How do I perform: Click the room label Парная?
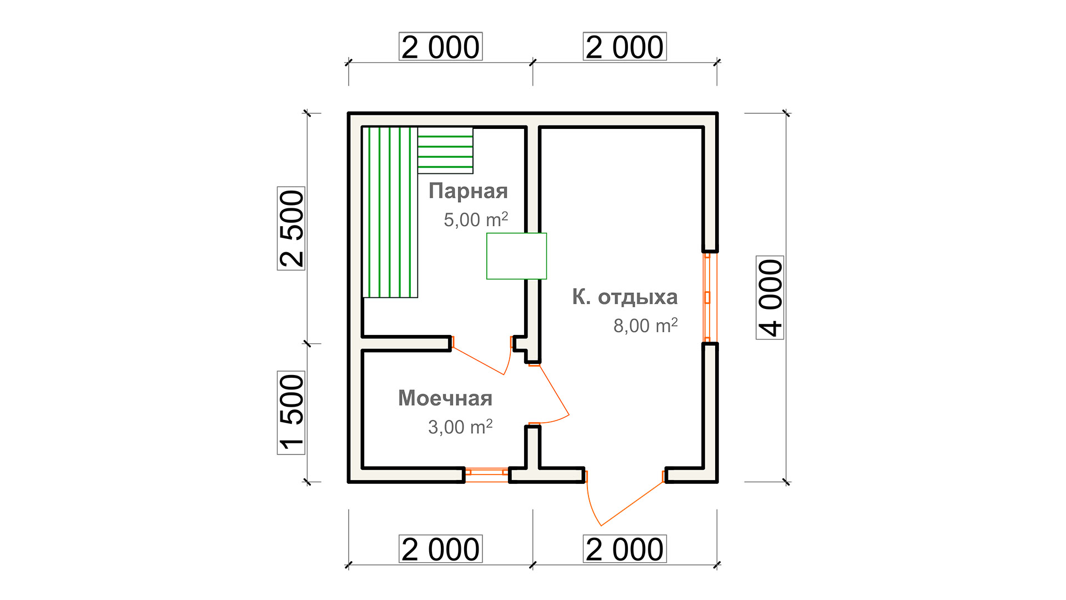point(468,191)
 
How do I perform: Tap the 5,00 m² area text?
point(476,219)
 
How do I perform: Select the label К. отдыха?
point(625,297)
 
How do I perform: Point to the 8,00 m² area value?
point(645,325)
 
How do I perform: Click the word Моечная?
point(445,398)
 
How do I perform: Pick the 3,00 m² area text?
point(460,427)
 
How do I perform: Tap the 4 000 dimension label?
point(770,298)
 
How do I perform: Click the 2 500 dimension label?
point(291,228)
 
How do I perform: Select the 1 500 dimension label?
point(291,413)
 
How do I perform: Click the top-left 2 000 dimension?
point(440,47)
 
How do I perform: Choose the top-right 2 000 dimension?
point(625,47)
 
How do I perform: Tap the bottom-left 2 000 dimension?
point(440,549)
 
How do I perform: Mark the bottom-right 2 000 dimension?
point(625,549)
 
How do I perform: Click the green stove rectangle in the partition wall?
point(516,256)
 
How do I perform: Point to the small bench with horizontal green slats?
point(445,151)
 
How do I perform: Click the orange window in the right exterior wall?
point(707,297)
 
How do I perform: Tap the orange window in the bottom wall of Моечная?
point(486,472)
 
